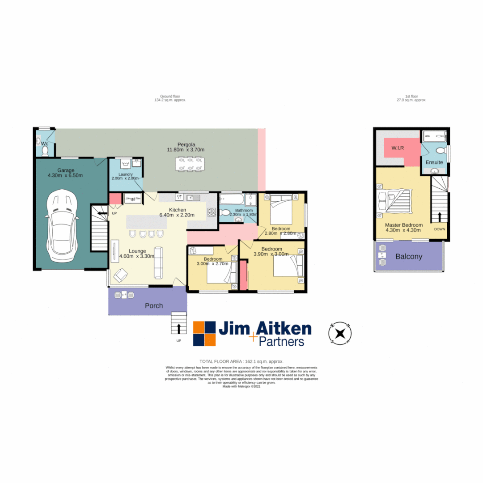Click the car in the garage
[x=62, y=226]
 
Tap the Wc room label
[x=45, y=144]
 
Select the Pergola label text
[x=185, y=144]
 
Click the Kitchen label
[x=178, y=210]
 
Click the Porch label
[x=153, y=306]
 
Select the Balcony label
[x=408, y=257]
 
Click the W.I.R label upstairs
[x=398, y=148]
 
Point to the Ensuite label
[x=434, y=162]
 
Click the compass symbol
[x=340, y=333]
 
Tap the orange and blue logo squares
[x=204, y=334]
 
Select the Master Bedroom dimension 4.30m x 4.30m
[x=404, y=231]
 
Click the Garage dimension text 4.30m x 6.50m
[x=65, y=176]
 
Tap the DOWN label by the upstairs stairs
[x=440, y=229]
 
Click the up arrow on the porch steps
[x=179, y=329]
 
